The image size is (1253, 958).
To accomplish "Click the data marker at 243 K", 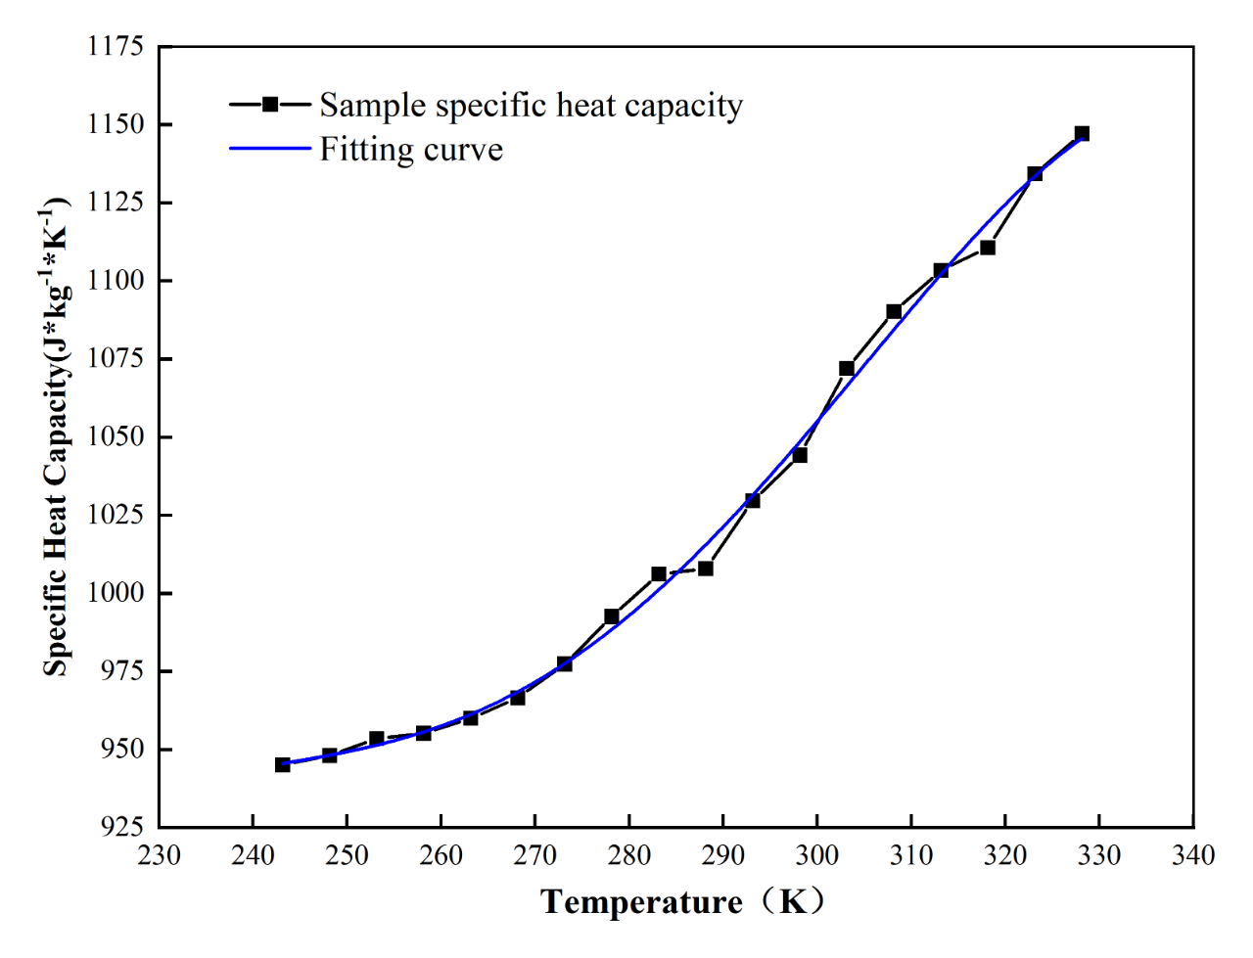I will [283, 764].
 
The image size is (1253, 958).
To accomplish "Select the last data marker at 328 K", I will [1082, 133].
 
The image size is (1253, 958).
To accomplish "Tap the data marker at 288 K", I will [706, 568].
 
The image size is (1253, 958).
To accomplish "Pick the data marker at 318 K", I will [988, 248].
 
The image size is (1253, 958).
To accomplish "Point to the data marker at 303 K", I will [847, 368].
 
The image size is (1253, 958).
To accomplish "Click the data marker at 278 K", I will [612, 616].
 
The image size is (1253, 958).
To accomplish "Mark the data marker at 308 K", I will [894, 311].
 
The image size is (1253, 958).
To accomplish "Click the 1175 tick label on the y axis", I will [116, 47].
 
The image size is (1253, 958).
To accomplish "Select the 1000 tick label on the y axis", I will [116, 593].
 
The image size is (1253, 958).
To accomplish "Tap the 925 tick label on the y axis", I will [122, 827].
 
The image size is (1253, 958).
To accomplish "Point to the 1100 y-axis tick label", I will [116, 281].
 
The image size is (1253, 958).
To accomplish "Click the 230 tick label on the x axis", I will [159, 856].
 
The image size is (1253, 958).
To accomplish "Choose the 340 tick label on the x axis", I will [1193, 856].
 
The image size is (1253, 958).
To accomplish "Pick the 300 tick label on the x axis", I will [817, 856].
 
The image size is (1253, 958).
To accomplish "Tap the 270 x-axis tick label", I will [535, 856].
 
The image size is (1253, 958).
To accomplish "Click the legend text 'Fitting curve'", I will [411, 150].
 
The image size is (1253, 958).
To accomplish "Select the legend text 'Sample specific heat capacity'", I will [531, 105].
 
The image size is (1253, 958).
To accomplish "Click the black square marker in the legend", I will [270, 105].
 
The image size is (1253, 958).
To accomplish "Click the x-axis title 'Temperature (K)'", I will [682, 901].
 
